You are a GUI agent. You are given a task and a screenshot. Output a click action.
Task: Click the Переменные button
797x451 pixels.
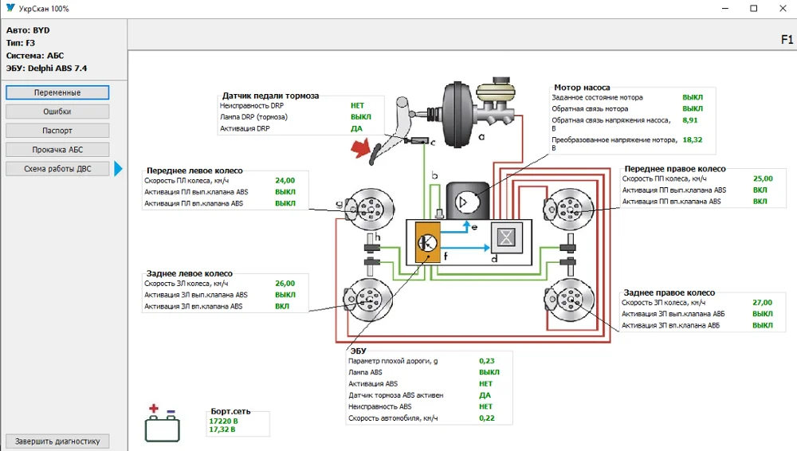coord(57,92)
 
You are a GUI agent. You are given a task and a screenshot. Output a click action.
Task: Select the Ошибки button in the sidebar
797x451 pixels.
coord(57,112)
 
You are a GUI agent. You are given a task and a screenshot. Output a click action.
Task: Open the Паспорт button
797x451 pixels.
coord(57,131)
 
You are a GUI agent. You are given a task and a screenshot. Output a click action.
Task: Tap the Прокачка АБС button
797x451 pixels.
coord(57,150)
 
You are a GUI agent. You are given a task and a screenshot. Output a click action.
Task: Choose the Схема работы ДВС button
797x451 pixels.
coord(57,169)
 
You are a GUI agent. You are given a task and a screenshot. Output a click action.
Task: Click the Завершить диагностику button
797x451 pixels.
coord(57,441)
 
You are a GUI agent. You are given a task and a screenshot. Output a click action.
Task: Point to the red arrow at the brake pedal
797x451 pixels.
coord(360,148)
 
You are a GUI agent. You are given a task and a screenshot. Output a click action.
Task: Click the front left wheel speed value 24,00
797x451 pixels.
coord(285,181)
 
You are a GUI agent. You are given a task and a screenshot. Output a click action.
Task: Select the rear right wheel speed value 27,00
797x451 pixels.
coord(763,303)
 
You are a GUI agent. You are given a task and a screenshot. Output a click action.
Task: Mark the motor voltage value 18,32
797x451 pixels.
coord(693,139)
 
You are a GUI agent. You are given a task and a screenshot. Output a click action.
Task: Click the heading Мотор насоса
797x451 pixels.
coord(582,88)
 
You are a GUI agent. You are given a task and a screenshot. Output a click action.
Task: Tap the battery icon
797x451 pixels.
coord(162,424)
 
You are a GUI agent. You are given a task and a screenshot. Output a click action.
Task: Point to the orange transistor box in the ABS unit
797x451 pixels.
coord(428,242)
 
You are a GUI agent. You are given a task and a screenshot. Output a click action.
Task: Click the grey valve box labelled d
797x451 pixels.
coord(506,237)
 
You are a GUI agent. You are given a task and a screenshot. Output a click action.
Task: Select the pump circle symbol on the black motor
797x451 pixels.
coord(466,202)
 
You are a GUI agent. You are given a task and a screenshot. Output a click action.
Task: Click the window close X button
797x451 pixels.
coord(783,8)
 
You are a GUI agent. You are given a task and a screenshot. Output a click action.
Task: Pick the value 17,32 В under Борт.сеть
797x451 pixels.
coord(222,429)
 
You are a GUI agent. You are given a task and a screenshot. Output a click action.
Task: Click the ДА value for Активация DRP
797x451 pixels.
coord(356,128)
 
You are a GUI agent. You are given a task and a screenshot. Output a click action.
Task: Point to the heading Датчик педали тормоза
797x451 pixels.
coord(270,96)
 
